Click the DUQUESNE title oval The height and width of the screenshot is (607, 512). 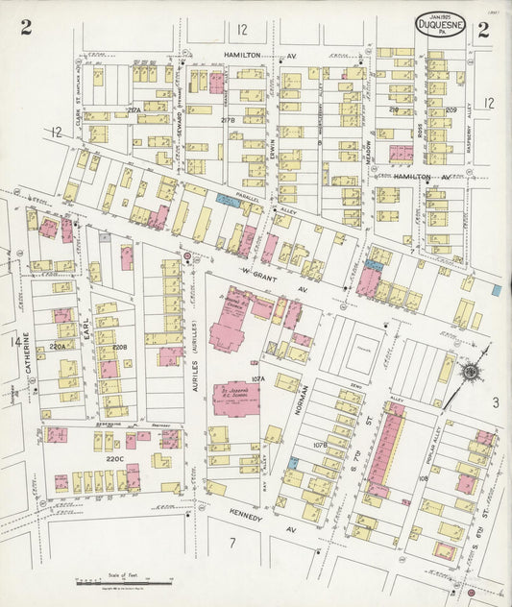(x=441, y=25)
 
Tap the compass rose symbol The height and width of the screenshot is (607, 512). (x=472, y=372)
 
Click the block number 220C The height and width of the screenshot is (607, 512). (x=114, y=459)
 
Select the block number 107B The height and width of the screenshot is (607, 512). (x=320, y=445)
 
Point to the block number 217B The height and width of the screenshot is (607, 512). (x=228, y=120)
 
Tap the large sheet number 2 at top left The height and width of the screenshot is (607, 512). (x=26, y=28)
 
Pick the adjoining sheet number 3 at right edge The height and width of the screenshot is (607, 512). (x=496, y=402)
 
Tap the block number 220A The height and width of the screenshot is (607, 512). (x=59, y=346)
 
